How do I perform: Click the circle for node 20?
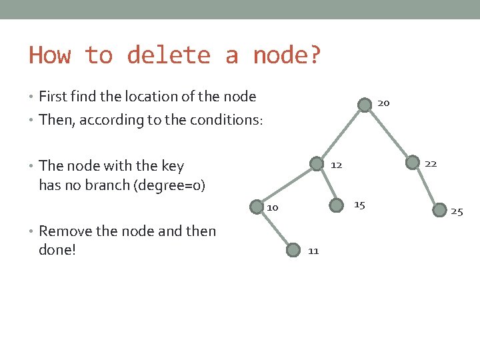pyautogui.click(x=364, y=105)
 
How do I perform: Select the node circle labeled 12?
pyautogui.click(x=317, y=163)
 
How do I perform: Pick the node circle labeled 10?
pyautogui.click(x=257, y=207)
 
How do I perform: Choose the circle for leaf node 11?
pyautogui.click(x=293, y=250)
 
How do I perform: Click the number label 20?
pyautogui.click(x=383, y=103)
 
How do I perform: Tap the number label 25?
pyautogui.click(x=457, y=212)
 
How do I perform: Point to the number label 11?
pyautogui.click(x=313, y=251)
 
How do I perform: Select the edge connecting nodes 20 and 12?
pyautogui.click(x=341, y=134)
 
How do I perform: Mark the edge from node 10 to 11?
pyautogui.click(x=275, y=229)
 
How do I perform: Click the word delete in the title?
pyautogui.click(x=169, y=55)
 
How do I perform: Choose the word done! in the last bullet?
pyautogui.click(x=57, y=251)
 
